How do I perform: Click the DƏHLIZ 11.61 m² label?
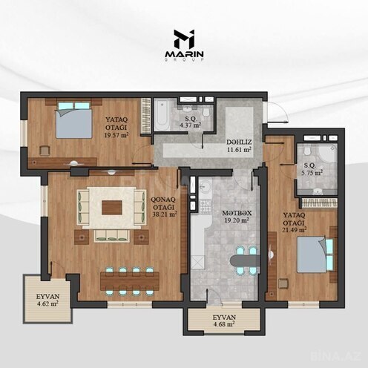tap(237, 145)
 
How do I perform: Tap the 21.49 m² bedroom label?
tap(294, 223)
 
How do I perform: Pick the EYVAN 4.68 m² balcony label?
tap(224, 321)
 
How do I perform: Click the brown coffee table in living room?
tap(112, 207)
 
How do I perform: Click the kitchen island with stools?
tap(243, 262)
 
